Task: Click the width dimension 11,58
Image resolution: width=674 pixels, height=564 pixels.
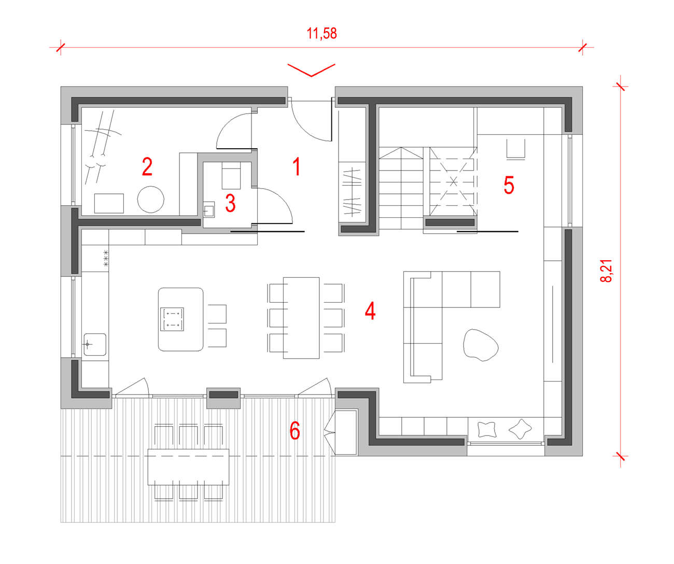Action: (321, 34)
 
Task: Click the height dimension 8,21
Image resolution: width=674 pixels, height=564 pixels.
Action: (606, 271)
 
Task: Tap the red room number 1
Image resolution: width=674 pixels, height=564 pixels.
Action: (297, 166)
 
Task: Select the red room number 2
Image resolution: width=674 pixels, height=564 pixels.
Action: (147, 166)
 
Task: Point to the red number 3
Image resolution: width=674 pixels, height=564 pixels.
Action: (230, 203)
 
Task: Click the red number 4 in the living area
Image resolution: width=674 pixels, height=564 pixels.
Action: (370, 311)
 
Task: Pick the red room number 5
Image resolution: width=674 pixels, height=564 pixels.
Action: (509, 185)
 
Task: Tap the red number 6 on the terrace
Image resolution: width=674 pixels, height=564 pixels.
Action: (294, 430)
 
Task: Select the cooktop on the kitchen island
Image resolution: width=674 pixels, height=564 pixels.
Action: (172, 319)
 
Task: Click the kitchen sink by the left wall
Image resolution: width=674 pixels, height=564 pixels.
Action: (95, 344)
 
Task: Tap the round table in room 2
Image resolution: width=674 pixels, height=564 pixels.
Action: (151, 200)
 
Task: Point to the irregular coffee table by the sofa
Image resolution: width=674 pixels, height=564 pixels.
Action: (481, 345)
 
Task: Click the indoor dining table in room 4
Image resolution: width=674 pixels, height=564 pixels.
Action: (301, 318)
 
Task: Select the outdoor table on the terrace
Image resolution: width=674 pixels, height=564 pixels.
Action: (189, 467)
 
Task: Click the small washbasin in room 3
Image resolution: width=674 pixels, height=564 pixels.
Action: (208, 210)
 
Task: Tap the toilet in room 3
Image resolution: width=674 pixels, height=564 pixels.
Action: (231, 175)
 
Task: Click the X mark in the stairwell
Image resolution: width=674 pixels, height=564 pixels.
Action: (453, 182)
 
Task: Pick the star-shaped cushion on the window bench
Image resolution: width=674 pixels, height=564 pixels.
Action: (520, 429)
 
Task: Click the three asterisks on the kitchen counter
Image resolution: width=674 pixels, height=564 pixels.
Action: (106, 258)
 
